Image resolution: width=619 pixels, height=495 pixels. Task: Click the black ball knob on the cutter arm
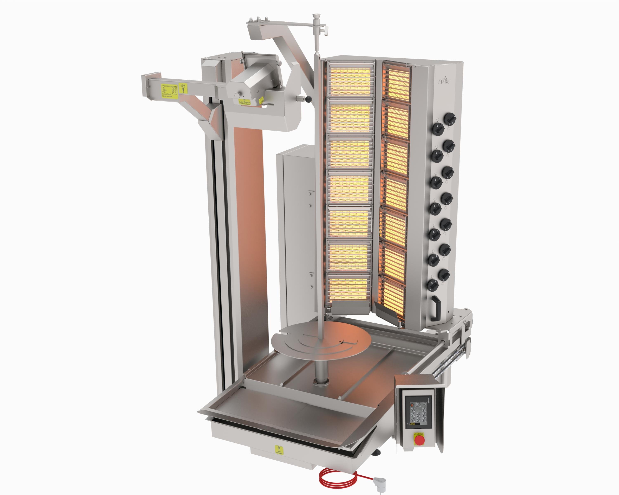(x=308, y=99)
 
